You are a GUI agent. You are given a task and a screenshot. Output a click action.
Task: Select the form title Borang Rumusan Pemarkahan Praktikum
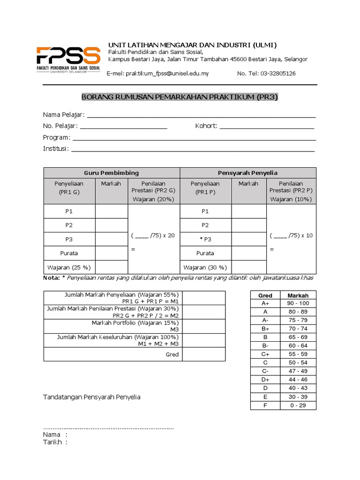[x=180, y=97]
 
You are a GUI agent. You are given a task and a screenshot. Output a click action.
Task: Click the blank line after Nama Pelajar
[x=201, y=115]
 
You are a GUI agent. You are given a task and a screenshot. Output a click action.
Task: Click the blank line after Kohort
[x=267, y=127]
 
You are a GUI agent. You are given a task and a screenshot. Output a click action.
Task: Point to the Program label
[x=57, y=138]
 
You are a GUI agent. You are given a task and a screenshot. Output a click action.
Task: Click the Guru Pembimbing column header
[x=112, y=173]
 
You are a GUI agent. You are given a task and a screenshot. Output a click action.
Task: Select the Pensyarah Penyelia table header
[x=247, y=173]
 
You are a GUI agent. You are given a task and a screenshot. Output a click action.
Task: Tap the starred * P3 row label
[x=205, y=240]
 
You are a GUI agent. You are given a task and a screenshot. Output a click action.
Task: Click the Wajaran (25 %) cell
[x=69, y=268]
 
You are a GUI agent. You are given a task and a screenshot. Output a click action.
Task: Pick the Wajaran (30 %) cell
[x=205, y=268]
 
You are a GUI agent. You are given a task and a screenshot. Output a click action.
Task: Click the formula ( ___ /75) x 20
[x=153, y=235]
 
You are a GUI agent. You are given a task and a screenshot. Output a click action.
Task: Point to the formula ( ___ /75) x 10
[x=291, y=235]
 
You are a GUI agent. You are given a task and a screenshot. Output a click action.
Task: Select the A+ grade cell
[x=265, y=304]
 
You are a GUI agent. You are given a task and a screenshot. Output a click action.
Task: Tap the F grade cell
[x=265, y=405]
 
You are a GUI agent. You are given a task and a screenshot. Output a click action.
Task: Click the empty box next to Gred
[x=203, y=354]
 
